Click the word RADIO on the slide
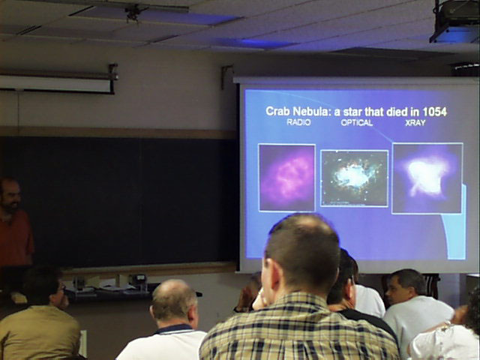pos(298,122)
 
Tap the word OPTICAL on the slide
pos(357,123)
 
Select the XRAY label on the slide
pos(415,123)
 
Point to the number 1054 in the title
pos(434,112)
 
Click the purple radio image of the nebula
pos(286,178)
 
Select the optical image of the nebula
pos(354,178)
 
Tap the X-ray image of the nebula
pos(427,178)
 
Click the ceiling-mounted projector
pos(455,22)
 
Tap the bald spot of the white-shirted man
pos(173,291)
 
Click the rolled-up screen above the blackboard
pos(56,83)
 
